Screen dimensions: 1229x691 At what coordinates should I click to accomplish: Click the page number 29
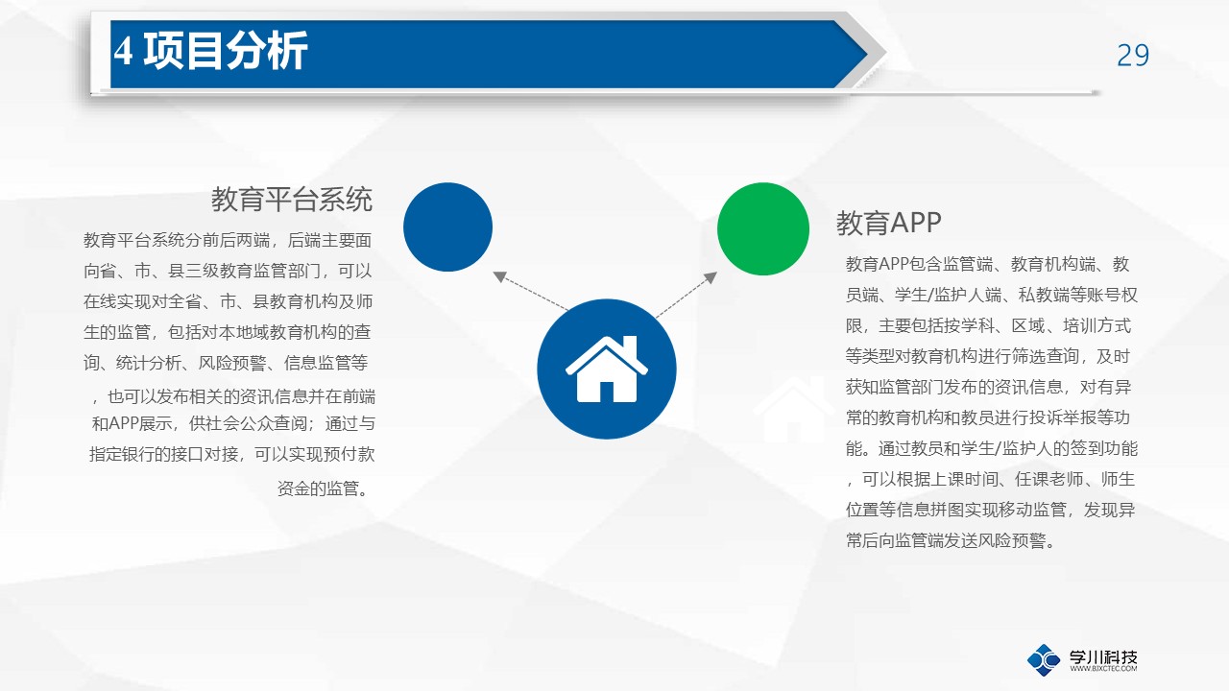click(x=1132, y=56)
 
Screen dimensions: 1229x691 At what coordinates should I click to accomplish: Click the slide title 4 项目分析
click(x=210, y=51)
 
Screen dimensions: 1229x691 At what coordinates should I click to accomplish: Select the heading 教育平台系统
click(x=292, y=199)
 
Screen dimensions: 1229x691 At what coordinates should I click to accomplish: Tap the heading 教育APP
click(x=889, y=224)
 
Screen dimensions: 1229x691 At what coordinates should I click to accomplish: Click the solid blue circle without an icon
click(x=447, y=227)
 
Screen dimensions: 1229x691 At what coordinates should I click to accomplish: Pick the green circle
click(x=763, y=228)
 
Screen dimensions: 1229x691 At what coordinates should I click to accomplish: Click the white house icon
click(x=606, y=369)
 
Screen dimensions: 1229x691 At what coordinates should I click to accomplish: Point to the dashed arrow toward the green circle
click(x=687, y=295)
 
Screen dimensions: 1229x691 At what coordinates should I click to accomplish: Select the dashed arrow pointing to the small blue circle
click(x=531, y=291)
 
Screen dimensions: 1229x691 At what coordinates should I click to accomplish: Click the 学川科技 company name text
click(x=1103, y=656)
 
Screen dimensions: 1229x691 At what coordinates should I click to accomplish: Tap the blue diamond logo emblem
click(x=1044, y=659)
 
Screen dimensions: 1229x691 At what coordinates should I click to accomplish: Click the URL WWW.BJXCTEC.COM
click(x=1103, y=669)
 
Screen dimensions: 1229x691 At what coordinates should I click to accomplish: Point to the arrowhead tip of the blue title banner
click(x=867, y=54)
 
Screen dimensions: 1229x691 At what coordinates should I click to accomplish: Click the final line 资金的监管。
click(x=323, y=488)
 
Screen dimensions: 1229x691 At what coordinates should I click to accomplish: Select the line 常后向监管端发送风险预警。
click(x=951, y=540)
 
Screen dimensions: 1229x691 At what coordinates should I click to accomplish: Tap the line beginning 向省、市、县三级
click(x=228, y=271)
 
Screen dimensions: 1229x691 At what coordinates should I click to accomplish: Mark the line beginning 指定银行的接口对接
click(x=232, y=454)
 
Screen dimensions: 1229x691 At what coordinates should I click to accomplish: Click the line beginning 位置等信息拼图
click(x=990, y=510)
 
